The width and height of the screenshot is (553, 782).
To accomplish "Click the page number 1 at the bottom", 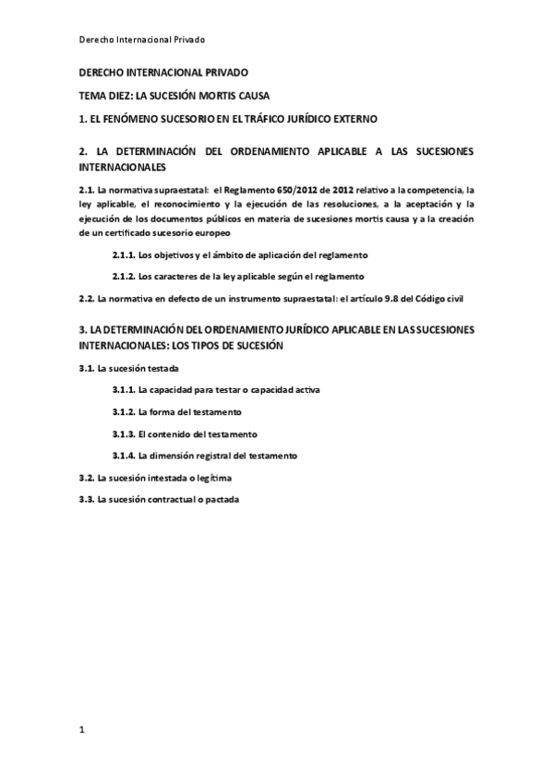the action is (x=82, y=730).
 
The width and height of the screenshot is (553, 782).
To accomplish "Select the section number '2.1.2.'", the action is (x=124, y=275).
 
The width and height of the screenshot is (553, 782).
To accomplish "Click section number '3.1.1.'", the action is (x=124, y=390).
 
